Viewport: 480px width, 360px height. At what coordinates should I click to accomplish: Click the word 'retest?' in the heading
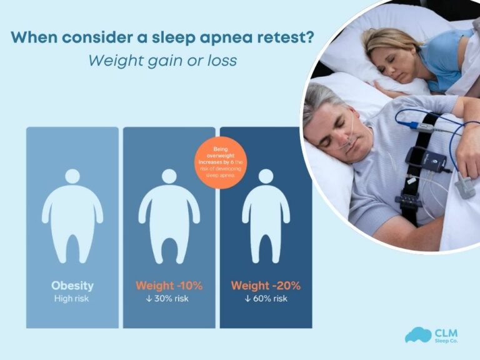(x=279, y=37)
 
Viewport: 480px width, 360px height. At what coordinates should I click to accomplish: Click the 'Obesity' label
(x=72, y=286)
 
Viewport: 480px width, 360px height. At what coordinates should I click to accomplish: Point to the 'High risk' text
(x=72, y=299)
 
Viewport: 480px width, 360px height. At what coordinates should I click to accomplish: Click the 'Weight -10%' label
(x=169, y=286)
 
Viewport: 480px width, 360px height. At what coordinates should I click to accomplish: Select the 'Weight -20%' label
(x=266, y=286)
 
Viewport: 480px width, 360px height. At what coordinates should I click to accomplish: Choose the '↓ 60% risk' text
(x=266, y=299)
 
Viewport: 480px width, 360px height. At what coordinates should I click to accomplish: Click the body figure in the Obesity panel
(x=72, y=216)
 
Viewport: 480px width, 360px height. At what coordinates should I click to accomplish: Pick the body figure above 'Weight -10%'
(x=169, y=216)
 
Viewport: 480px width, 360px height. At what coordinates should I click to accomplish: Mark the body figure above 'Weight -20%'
(x=266, y=216)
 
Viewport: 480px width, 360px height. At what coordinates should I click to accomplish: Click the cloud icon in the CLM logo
(x=417, y=336)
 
